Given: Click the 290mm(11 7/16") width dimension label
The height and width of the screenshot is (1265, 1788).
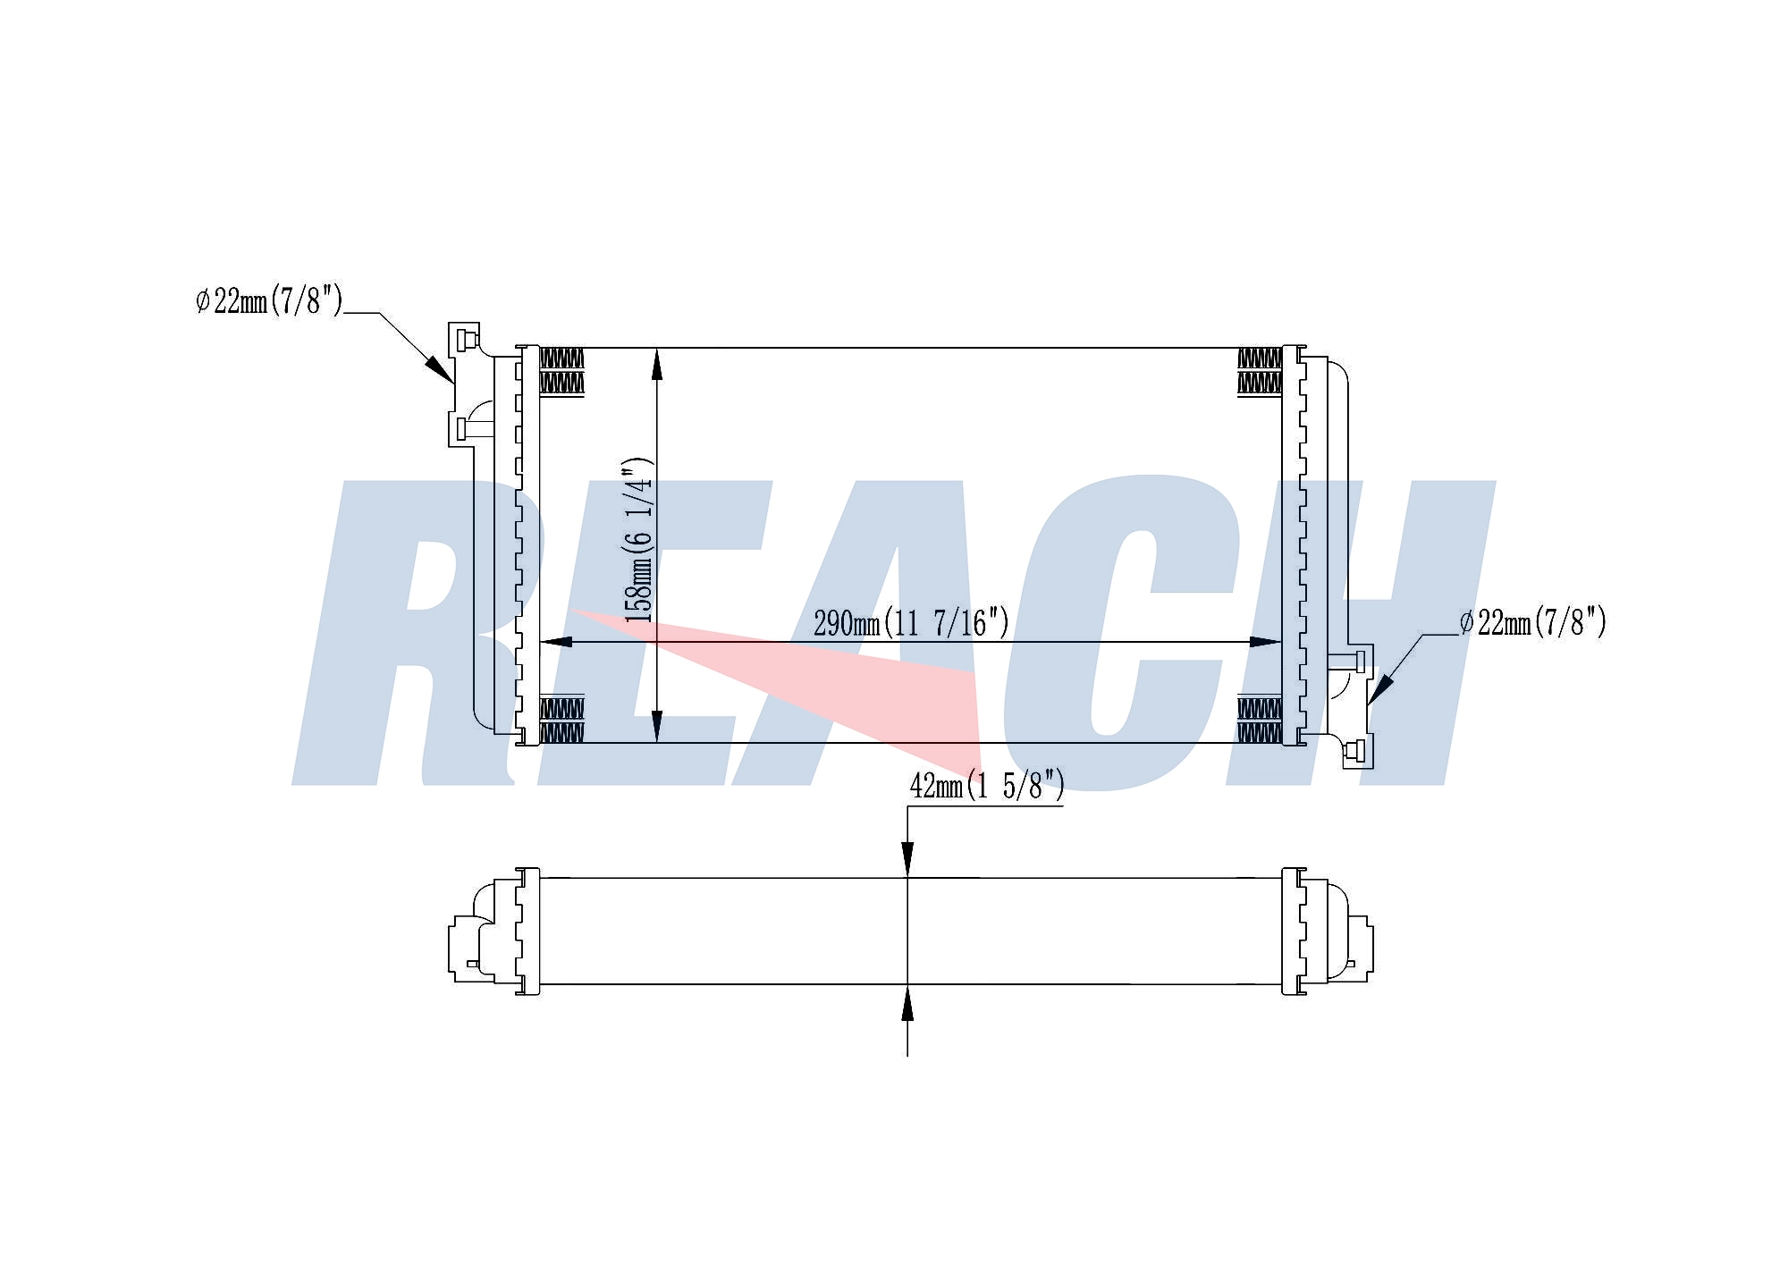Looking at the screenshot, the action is pos(911,622).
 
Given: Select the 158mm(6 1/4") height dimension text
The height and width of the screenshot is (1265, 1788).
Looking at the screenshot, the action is pos(638,540).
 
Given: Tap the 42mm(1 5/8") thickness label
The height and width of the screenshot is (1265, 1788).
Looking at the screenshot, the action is pos(987,786).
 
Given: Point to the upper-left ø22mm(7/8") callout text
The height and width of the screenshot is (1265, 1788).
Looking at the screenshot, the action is pos(269,300).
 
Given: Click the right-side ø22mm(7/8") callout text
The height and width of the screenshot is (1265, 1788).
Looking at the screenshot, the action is pos(1533,621).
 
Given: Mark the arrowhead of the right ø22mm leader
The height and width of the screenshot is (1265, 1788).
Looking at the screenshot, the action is pos(1379,689).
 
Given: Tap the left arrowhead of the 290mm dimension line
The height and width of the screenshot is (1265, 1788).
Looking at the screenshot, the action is pos(556,642).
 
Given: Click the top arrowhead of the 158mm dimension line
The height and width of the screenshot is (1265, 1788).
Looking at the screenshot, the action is pos(657,365).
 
